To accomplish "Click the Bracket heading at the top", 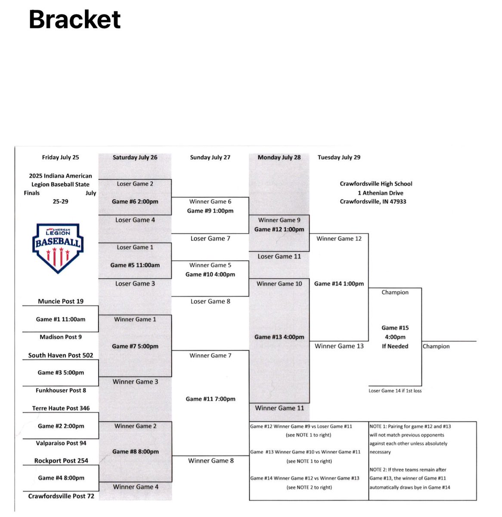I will click(x=75, y=19).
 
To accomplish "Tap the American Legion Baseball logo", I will click(x=57, y=248).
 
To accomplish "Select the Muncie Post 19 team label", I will click(x=61, y=301).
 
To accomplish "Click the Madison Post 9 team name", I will click(x=61, y=337).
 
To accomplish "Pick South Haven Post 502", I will click(x=61, y=355).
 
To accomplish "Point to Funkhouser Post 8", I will click(x=61, y=390).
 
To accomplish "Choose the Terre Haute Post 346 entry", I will click(x=61, y=408).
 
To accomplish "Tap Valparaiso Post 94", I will click(x=61, y=443).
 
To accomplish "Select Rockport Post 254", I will click(x=61, y=461).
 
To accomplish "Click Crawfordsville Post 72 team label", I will click(x=61, y=496).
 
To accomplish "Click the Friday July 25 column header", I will click(x=60, y=157).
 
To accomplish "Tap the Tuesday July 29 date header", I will click(x=339, y=157).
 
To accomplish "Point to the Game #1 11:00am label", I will click(x=61, y=319).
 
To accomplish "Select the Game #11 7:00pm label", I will click(x=211, y=399).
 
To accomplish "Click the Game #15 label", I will click(x=395, y=328).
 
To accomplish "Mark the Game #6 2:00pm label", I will click(x=135, y=201).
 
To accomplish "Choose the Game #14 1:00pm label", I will click(x=339, y=283).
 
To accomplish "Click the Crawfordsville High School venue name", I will click(x=376, y=184).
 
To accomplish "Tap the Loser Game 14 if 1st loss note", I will click(x=395, y=391).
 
